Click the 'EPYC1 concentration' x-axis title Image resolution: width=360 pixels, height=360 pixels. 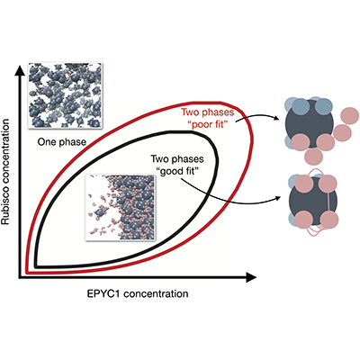(x=138, y=293)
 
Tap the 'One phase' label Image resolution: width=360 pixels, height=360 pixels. (x=62, y=142)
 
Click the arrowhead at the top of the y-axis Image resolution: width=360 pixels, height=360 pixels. (x=20, y=70)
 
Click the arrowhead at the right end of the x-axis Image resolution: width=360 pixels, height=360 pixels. (x=251, y=278)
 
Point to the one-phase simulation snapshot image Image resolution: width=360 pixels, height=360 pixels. (x=65, y=95)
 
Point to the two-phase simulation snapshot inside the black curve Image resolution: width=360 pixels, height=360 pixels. (x=121, y=208)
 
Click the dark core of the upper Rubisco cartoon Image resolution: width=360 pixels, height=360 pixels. (x=309, y=123)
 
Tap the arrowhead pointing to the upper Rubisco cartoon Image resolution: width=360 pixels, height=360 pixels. (x=276, y=118)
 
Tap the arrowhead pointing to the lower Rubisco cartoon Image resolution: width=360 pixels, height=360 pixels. (x=276, y=198)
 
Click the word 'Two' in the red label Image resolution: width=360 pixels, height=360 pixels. (x=190, y=112)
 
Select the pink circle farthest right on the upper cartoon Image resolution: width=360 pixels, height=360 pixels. (x=350, y=116)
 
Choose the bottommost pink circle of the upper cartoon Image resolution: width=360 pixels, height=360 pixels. (x=313, y=156)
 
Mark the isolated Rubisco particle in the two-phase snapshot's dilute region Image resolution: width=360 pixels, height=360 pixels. (x=99, y=213)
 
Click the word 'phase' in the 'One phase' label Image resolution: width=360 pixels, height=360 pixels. (x=73, y=142)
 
